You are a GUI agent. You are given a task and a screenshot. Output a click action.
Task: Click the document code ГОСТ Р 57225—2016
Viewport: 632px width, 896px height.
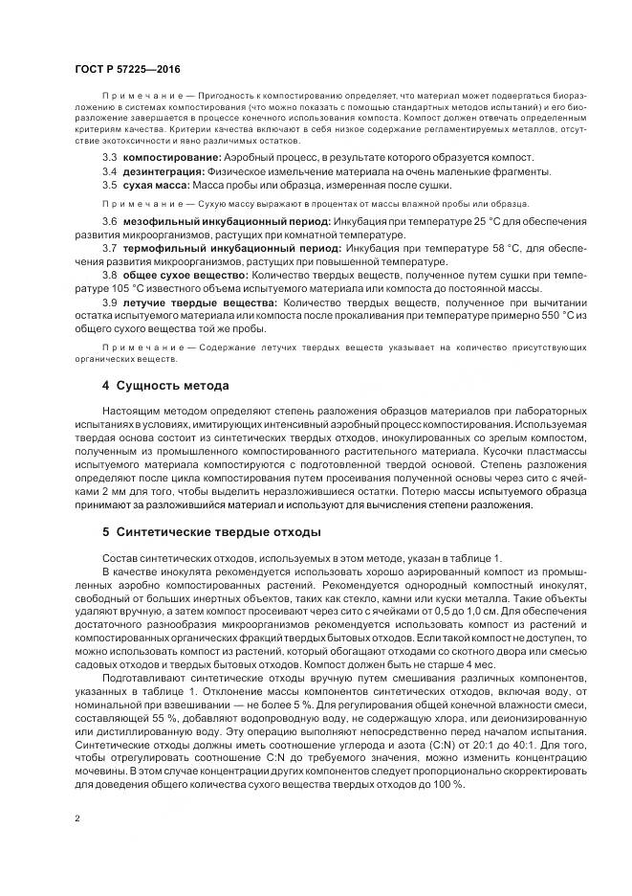(x=127, y=70)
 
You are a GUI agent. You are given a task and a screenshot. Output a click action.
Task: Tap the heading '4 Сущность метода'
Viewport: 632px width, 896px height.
(x=165, y=386)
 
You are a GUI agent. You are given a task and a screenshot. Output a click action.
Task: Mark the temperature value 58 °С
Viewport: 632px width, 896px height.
(x=478, y=248)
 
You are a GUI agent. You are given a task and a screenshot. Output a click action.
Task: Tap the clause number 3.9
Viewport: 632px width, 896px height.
(x=109, y=302)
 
